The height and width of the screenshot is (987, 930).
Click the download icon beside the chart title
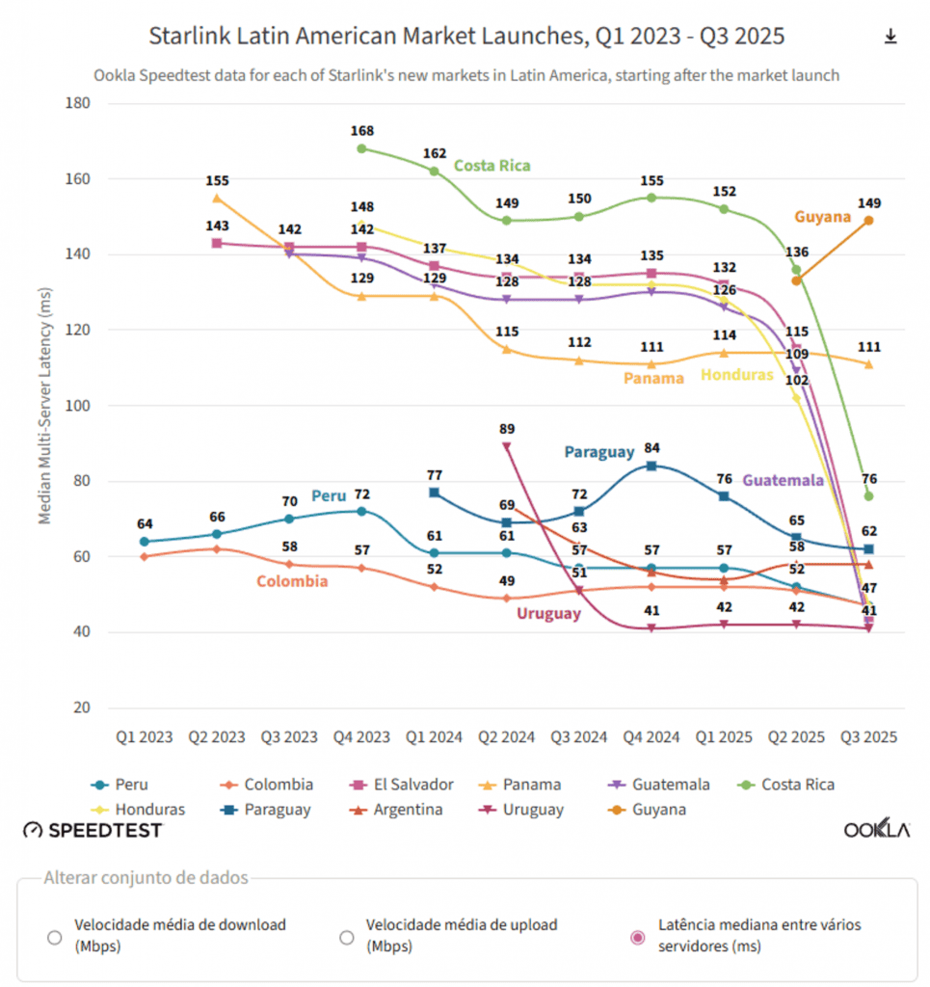(x=890, y=37)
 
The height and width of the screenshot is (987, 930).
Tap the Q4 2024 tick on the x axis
(x=651, y=737)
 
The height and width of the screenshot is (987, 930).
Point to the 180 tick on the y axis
(x=77, y=103)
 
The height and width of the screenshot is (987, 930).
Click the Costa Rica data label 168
(x=362, y=131)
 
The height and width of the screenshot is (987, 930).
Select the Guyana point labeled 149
(x=868, y=221)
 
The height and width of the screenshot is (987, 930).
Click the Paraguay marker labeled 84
(x=651, y=466)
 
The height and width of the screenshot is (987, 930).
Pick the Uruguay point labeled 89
(x=507, y=446)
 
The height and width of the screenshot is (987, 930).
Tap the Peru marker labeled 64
(x=145, y=541)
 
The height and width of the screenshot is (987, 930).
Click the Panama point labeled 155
(x=217, y=199)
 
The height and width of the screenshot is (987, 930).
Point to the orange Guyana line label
(x=822, y=217)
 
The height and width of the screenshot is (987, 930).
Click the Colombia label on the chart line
(x=292, y=581)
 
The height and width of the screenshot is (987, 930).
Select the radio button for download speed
(x=55, y=937)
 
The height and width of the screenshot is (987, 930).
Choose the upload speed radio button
(x=346, y=937)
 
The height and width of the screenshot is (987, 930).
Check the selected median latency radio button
(x=637, y=937)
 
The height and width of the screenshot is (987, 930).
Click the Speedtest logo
(x=93, y=830)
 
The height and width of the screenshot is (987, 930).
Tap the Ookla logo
(x=876, y=830)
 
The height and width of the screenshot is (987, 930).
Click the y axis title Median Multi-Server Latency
(x=45, y=405)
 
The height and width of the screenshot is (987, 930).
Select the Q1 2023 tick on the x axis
(x=145, y=737)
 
